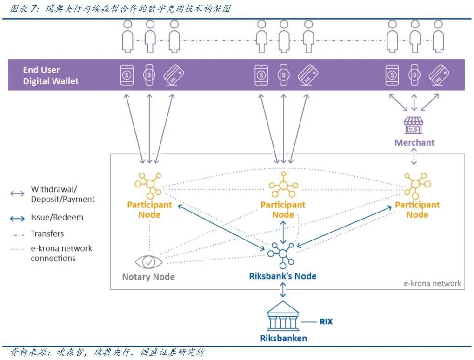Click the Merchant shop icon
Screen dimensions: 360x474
(414, 125)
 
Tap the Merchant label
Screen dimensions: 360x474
(414, 142)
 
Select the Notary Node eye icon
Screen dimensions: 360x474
(148, 262)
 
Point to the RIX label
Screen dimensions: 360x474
(326, 321)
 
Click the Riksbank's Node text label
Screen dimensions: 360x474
(282, 276)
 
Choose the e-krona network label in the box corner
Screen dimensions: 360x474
(432, 283)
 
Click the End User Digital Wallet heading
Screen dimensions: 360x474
(51, 75)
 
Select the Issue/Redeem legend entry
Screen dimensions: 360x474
(57, 217)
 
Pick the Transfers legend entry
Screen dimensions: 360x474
(47, 233)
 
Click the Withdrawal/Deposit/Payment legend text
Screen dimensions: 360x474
(62, 194)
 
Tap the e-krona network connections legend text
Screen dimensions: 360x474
(61, 253)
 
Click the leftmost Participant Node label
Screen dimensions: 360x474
(149, 209)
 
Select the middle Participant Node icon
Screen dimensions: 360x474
(283, 185)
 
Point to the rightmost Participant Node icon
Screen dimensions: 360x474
(417, 184)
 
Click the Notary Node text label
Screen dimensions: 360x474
(148, 277)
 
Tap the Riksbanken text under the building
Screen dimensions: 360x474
(283, 338)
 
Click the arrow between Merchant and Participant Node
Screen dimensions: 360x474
(414, 157)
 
